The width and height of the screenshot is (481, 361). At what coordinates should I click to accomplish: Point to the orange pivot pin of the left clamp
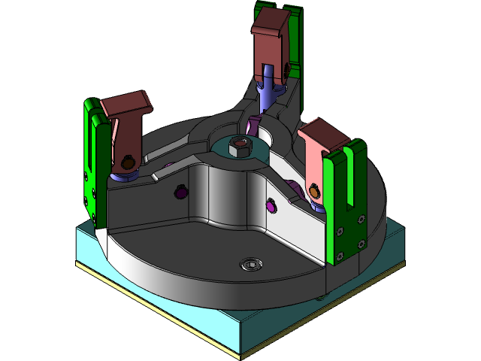[x=129, y=162]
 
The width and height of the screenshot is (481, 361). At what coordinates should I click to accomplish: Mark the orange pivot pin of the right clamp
[x=314, y=193]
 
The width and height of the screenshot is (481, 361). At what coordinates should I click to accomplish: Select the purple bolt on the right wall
[x=271, y=204]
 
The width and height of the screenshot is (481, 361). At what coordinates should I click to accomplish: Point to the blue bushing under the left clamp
[x=122, y=177]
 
